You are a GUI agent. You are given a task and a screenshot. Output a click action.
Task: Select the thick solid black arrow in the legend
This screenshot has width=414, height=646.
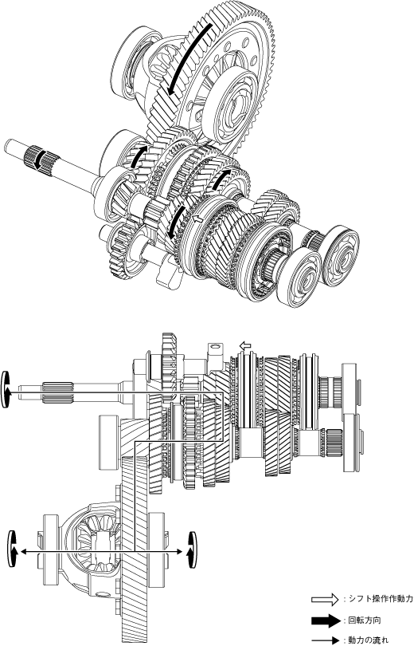tap(326, 620)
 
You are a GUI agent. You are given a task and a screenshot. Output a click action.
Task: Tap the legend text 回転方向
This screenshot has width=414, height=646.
tap(361, 620)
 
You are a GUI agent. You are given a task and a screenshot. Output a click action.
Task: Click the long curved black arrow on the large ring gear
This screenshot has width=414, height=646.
tap(190, 60)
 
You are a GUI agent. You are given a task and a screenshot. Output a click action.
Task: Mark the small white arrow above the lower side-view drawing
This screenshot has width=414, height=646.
tap(245, 346)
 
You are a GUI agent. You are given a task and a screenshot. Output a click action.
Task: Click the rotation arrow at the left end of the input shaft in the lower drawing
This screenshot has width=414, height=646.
tap(6, 389)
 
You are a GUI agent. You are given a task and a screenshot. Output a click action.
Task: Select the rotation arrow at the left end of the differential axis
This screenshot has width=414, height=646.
tap(13, 549)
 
